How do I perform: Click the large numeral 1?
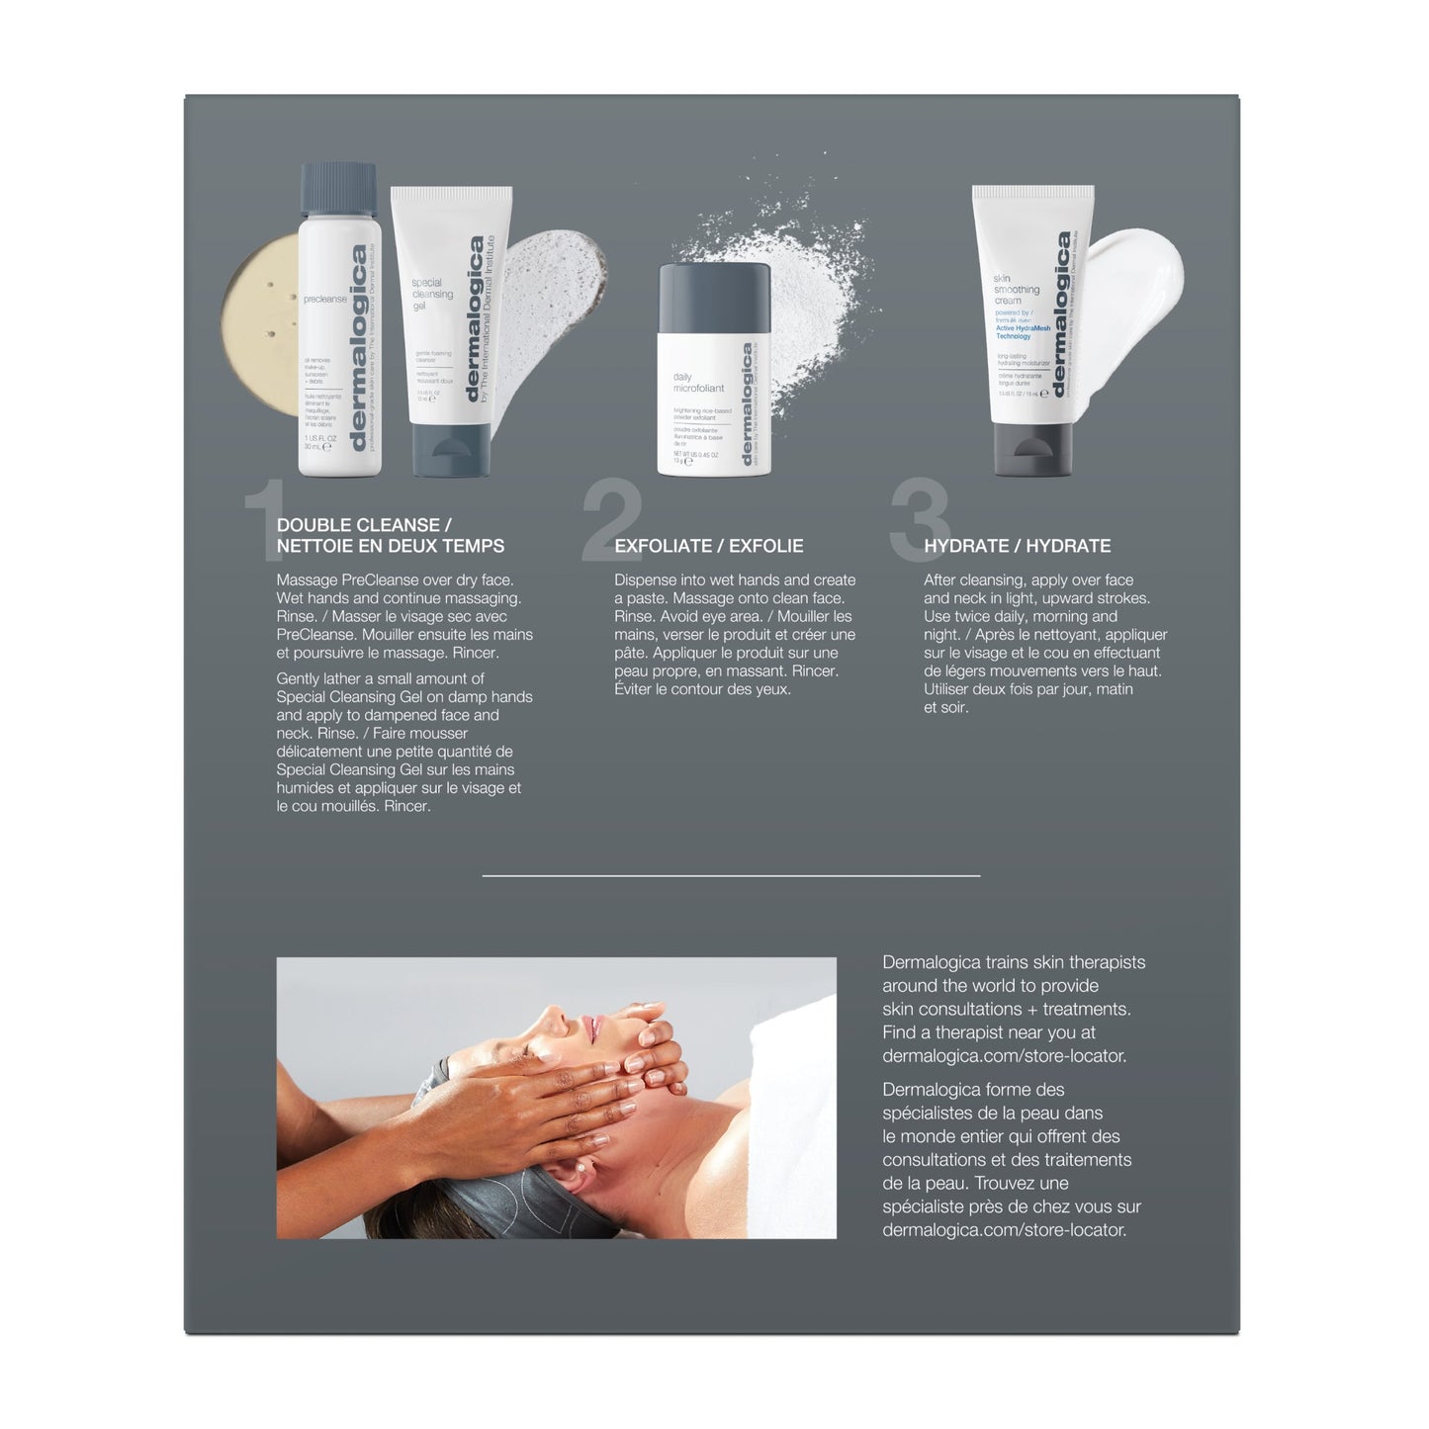tap(262, 524)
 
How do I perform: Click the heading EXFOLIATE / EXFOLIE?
tap(708, 546)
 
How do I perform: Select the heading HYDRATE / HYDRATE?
tap(1017, 546)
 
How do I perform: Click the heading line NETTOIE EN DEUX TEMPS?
tap(391, 546)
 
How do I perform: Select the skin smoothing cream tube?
tap(1031, 326)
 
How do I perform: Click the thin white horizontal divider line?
tap(731, 875)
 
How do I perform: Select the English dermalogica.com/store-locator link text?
tap(1004, 1056)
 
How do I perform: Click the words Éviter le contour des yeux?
tap(702, 689)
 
